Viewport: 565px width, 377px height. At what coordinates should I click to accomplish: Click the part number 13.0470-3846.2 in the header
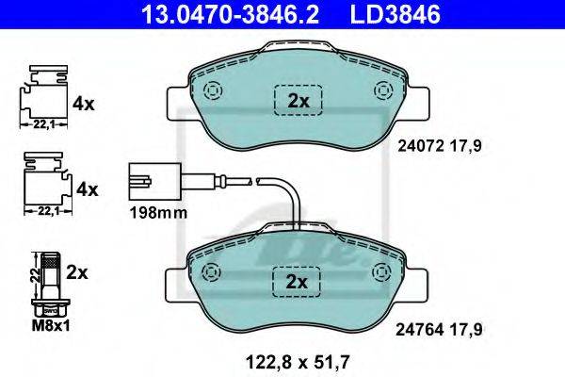tap(230, 14)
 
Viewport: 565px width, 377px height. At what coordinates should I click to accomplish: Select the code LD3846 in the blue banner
tap(395, 14)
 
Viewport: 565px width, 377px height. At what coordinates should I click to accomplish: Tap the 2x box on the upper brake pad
tap(299, 100)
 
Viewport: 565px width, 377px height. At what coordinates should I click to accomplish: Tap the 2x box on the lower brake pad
tap(297, 282)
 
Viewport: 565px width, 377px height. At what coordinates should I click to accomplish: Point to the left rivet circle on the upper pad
tap(213, 90)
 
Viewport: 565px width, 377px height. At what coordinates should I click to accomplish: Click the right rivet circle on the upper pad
tap(384, 90)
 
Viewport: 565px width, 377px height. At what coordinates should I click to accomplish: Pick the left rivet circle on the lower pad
tap(211, 271)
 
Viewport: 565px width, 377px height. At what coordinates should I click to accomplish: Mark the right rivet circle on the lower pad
tap(382, 271)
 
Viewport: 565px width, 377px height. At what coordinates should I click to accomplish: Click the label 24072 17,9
tap(440, 146)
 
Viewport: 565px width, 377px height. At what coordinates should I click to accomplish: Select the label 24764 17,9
tap(439, 329)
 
